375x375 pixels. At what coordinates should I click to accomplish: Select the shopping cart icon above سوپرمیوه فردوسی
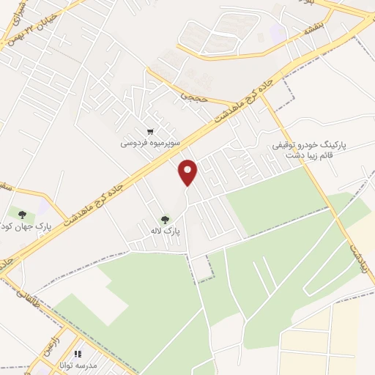click(150, 132)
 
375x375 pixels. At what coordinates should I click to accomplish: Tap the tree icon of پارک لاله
click(165, 218)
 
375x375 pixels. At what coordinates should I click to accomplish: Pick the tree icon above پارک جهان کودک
click(23, 214)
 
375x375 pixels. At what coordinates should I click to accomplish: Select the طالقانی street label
click(21, 293)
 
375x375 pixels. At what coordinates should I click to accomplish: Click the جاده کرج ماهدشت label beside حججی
click(237, 105)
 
